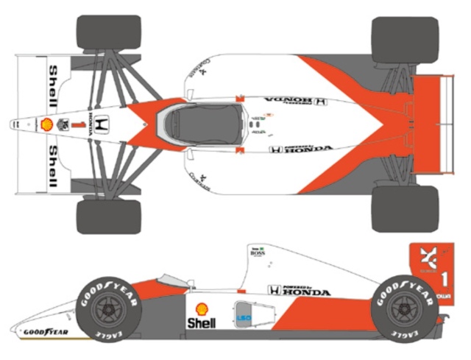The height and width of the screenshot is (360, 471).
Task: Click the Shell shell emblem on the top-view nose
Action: (46, 124)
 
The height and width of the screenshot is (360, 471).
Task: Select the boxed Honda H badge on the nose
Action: (103, 124)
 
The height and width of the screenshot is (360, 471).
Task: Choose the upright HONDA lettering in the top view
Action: (302, 149)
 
